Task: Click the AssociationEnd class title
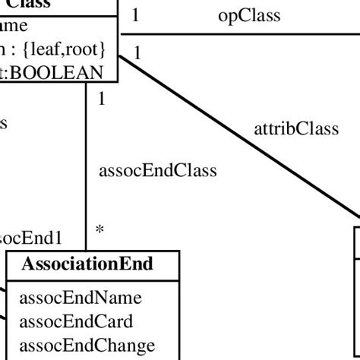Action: click(87, 264)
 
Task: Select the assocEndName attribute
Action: click(70, 297)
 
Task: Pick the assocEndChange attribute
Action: click(76, 344)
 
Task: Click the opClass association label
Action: click(249, 14)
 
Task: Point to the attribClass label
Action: click(295, 128)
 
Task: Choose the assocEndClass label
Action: click(158, 171)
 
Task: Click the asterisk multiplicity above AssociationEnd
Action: click(99, 229)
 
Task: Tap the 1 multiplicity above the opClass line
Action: click(135, 14)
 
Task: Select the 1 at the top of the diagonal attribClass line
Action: click(137, 52)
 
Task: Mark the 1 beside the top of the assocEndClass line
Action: click(101, 98)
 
